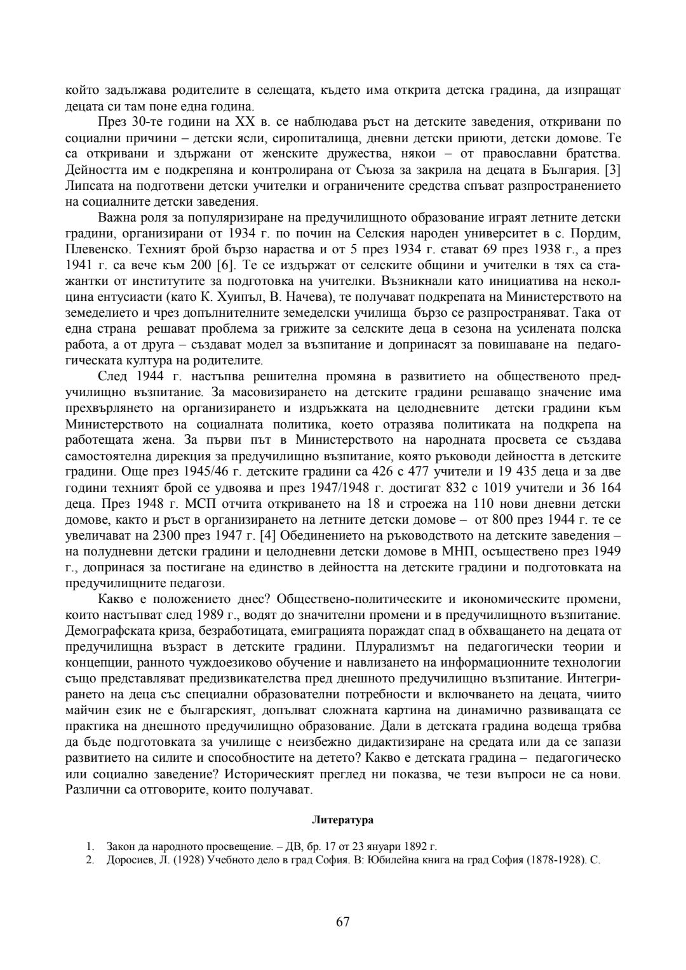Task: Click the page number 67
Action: click(343, 922)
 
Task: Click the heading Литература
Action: click(343, 820)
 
